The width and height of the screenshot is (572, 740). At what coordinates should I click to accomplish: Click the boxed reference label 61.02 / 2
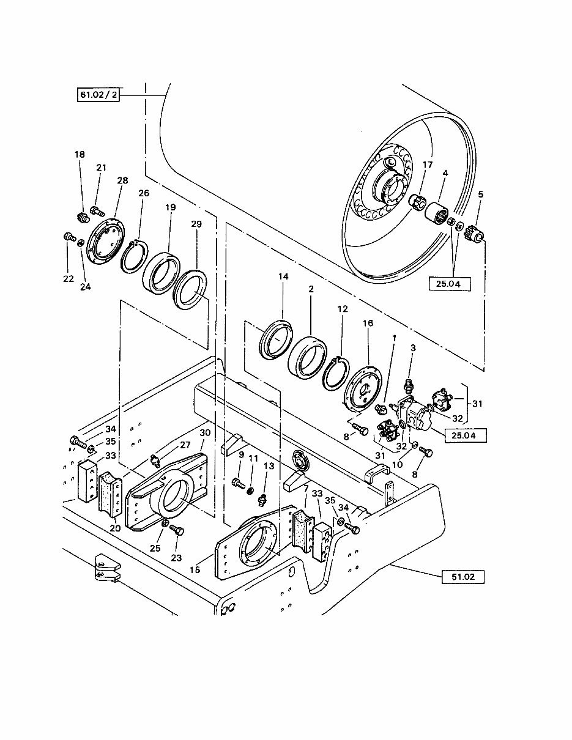pyautogui.click(x=98, y=95)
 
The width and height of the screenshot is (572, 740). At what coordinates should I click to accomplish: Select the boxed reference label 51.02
pyautogui.click(x=463, y=576)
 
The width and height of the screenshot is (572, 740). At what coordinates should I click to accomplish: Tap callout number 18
pyautogui.click(x=80, y=155)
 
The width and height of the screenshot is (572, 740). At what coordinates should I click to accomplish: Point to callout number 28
pyautogui.click(x=123, y=180)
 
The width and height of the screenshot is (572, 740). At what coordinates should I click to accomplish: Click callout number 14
pyautogui.click(x=283, y=276)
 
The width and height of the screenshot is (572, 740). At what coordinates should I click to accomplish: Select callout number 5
pyautogui.click(x=480, y=194)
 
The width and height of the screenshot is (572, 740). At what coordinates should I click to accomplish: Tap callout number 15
pyautogui.click(x=195, y=570)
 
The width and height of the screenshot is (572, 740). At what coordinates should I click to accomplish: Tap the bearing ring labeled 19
pyautogui.click(x=162, y=273)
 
